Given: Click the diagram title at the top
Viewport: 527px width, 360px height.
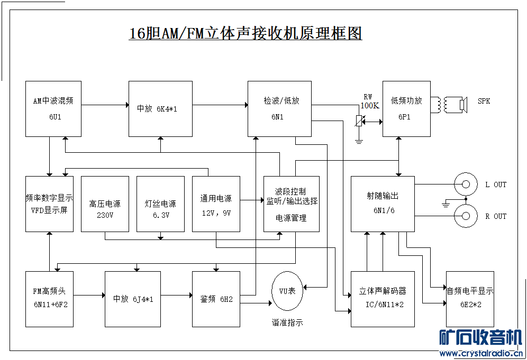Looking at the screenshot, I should [246, 34].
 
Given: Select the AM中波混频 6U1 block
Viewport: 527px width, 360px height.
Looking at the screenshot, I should [53, 108].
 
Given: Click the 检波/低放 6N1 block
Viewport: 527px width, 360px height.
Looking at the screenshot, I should [279, 108].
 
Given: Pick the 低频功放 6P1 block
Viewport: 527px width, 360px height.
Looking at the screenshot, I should [406, 108].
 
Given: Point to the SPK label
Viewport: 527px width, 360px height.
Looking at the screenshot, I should [484, 101].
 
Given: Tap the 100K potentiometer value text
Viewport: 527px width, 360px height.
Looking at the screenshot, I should [369, 106].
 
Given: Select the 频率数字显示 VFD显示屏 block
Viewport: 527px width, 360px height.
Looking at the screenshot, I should [49, 204].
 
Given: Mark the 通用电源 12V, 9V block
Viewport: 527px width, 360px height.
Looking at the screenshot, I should [216, 204].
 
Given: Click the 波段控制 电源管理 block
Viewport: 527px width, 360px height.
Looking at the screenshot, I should [291, 204].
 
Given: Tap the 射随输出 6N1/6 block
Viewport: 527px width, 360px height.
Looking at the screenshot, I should [383, 204].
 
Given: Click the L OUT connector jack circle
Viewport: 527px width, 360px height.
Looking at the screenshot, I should [466, 184].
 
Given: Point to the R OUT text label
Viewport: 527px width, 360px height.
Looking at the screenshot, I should [495, 216].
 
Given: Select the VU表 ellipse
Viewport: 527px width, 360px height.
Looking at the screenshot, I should [287, 291].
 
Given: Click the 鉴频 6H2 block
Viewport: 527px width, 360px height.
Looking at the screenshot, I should [216, 299].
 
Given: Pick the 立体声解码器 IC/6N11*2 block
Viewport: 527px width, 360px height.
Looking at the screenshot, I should [383, 299].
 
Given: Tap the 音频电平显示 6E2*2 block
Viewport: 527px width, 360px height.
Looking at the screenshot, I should [470, 299].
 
